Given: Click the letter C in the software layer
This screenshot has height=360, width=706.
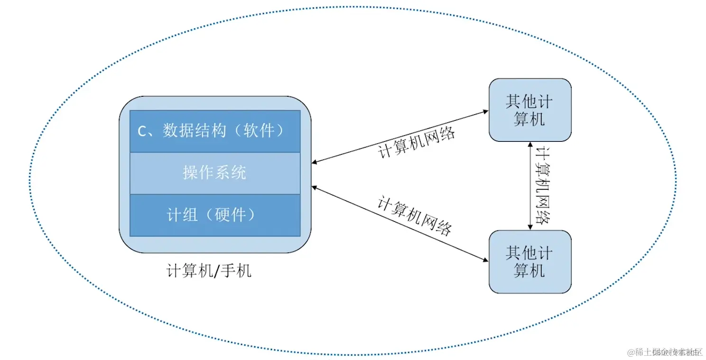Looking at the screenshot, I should coord(142,131).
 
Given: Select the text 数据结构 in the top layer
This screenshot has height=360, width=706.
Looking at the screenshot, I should coord(194,130).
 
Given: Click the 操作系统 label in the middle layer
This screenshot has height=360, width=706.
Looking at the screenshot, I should coord(214,172).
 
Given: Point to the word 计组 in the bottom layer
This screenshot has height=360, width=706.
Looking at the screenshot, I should coord(182,215).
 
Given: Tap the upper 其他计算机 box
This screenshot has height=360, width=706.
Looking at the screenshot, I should coord(529,110).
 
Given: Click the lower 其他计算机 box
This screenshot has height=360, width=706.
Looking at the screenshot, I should coord(529,261).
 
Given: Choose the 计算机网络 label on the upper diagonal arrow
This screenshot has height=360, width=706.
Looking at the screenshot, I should coord(417,142).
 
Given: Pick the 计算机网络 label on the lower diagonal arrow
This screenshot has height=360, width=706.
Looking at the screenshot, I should coord(414,215).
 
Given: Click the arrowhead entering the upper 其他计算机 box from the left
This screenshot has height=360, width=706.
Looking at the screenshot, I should coord(485,111).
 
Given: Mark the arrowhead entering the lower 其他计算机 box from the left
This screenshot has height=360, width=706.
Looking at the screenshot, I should coord(485,260).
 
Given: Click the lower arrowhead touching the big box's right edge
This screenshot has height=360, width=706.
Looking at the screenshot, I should coord(315,187).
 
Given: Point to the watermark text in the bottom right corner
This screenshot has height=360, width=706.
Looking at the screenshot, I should coord(664,352).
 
